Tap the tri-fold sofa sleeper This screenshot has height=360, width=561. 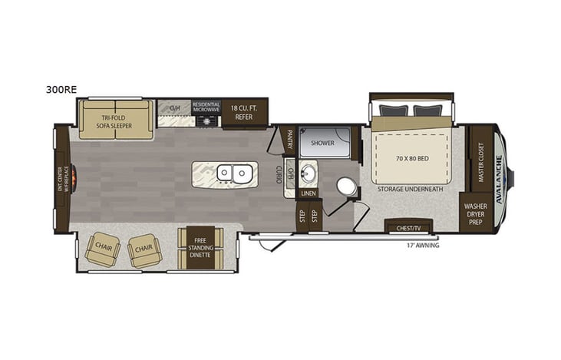pos(116,119)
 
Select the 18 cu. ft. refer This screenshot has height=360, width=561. pos(244,114)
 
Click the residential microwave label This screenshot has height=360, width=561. pos(206,107)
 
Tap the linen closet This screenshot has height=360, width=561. pos(308,193)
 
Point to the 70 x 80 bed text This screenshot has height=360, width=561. pos(411,159)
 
